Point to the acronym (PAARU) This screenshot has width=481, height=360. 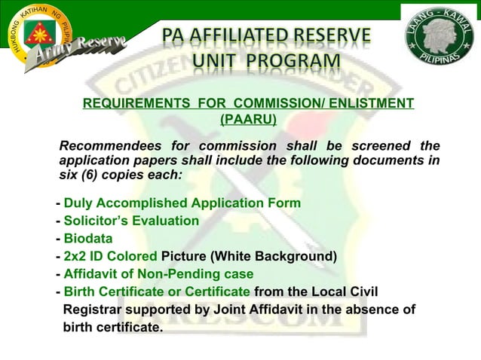click(248, 118)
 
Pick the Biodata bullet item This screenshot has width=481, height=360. click(88, 239)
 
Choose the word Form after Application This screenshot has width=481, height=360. click(285, 203)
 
